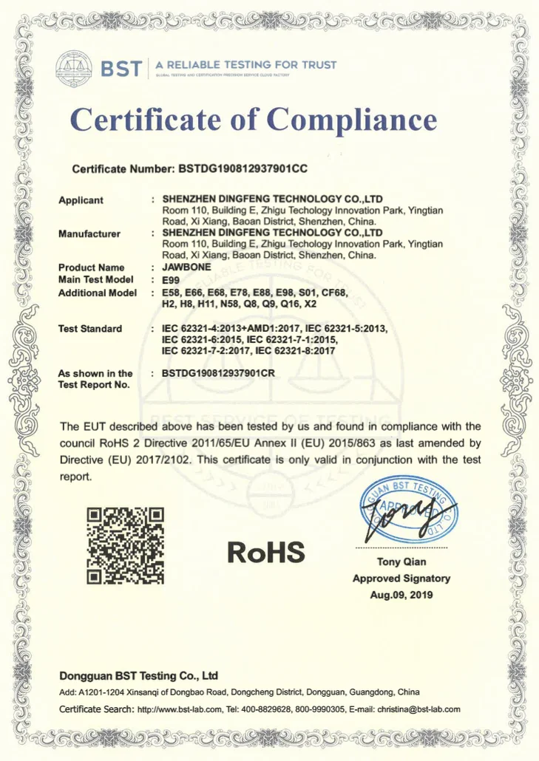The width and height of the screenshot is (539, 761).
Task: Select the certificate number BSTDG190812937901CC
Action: tap(243, 169)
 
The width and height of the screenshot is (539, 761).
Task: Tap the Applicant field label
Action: tap(81, 200)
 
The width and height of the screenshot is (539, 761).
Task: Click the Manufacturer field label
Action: tap(89, 234)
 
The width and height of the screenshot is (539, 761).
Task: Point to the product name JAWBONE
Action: tap(186, 267)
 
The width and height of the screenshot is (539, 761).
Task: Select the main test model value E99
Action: tap(172, 281)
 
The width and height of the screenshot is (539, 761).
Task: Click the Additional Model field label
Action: tap(97, 293)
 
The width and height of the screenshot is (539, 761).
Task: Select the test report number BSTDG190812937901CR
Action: tap(218, 373)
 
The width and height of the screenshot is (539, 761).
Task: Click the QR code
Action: tap(125, 545)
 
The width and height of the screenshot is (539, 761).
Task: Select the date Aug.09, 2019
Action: tap(401, 595)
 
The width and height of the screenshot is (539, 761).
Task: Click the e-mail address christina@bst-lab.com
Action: tap(418, 709)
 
